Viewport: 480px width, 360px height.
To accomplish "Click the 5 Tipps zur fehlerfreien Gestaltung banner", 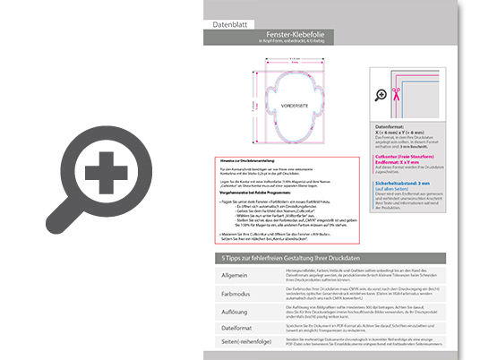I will click(x=304, y=258).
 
